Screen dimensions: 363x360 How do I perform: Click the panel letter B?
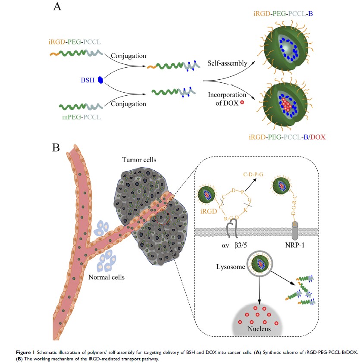pos(56,148)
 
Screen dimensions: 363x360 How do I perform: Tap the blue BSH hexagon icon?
pos(100,79)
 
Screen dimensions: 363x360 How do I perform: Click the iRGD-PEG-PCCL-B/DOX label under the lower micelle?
pos(287,138)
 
